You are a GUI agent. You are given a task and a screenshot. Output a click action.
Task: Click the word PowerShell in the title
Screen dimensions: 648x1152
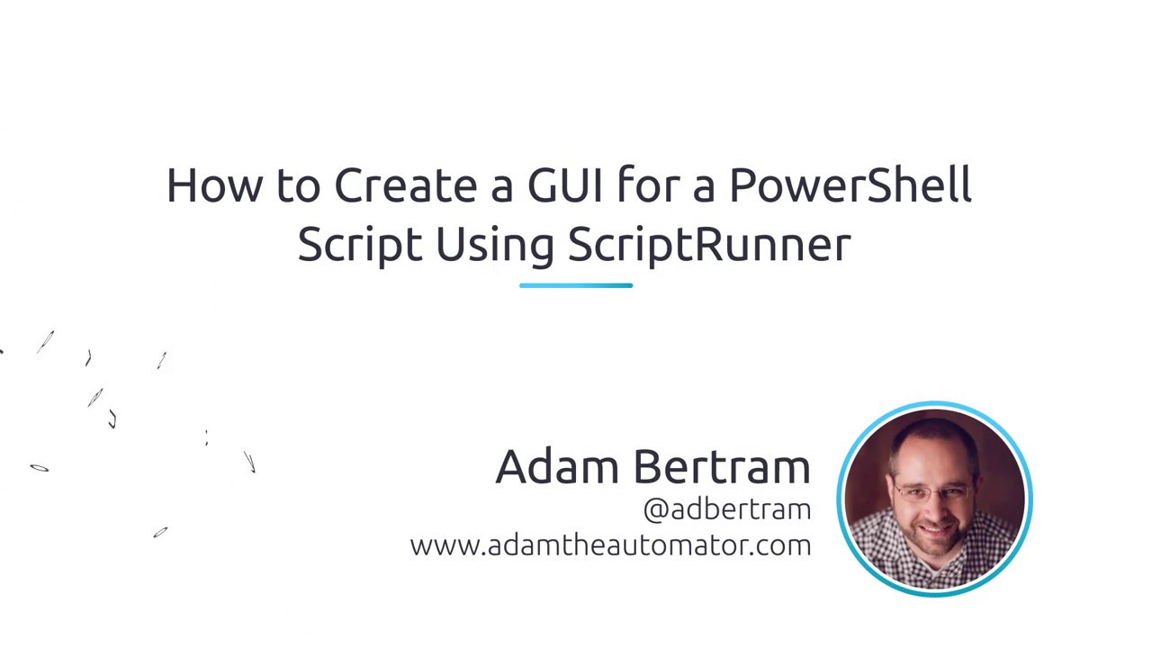click(850, 185)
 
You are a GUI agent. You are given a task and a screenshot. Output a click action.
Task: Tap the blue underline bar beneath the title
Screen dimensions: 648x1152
click(576, 285)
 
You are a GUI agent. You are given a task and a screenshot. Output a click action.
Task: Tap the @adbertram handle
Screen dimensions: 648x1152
click(727, 509)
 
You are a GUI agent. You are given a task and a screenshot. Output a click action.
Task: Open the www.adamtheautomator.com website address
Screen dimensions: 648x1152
click(610, 545)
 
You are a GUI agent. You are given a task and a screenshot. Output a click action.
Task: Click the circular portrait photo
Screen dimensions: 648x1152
click(934, 499)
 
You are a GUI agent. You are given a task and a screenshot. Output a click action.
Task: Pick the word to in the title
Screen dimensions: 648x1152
click(298, 185)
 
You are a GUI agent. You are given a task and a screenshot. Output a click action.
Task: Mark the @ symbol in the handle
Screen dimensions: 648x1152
click(655, 510)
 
